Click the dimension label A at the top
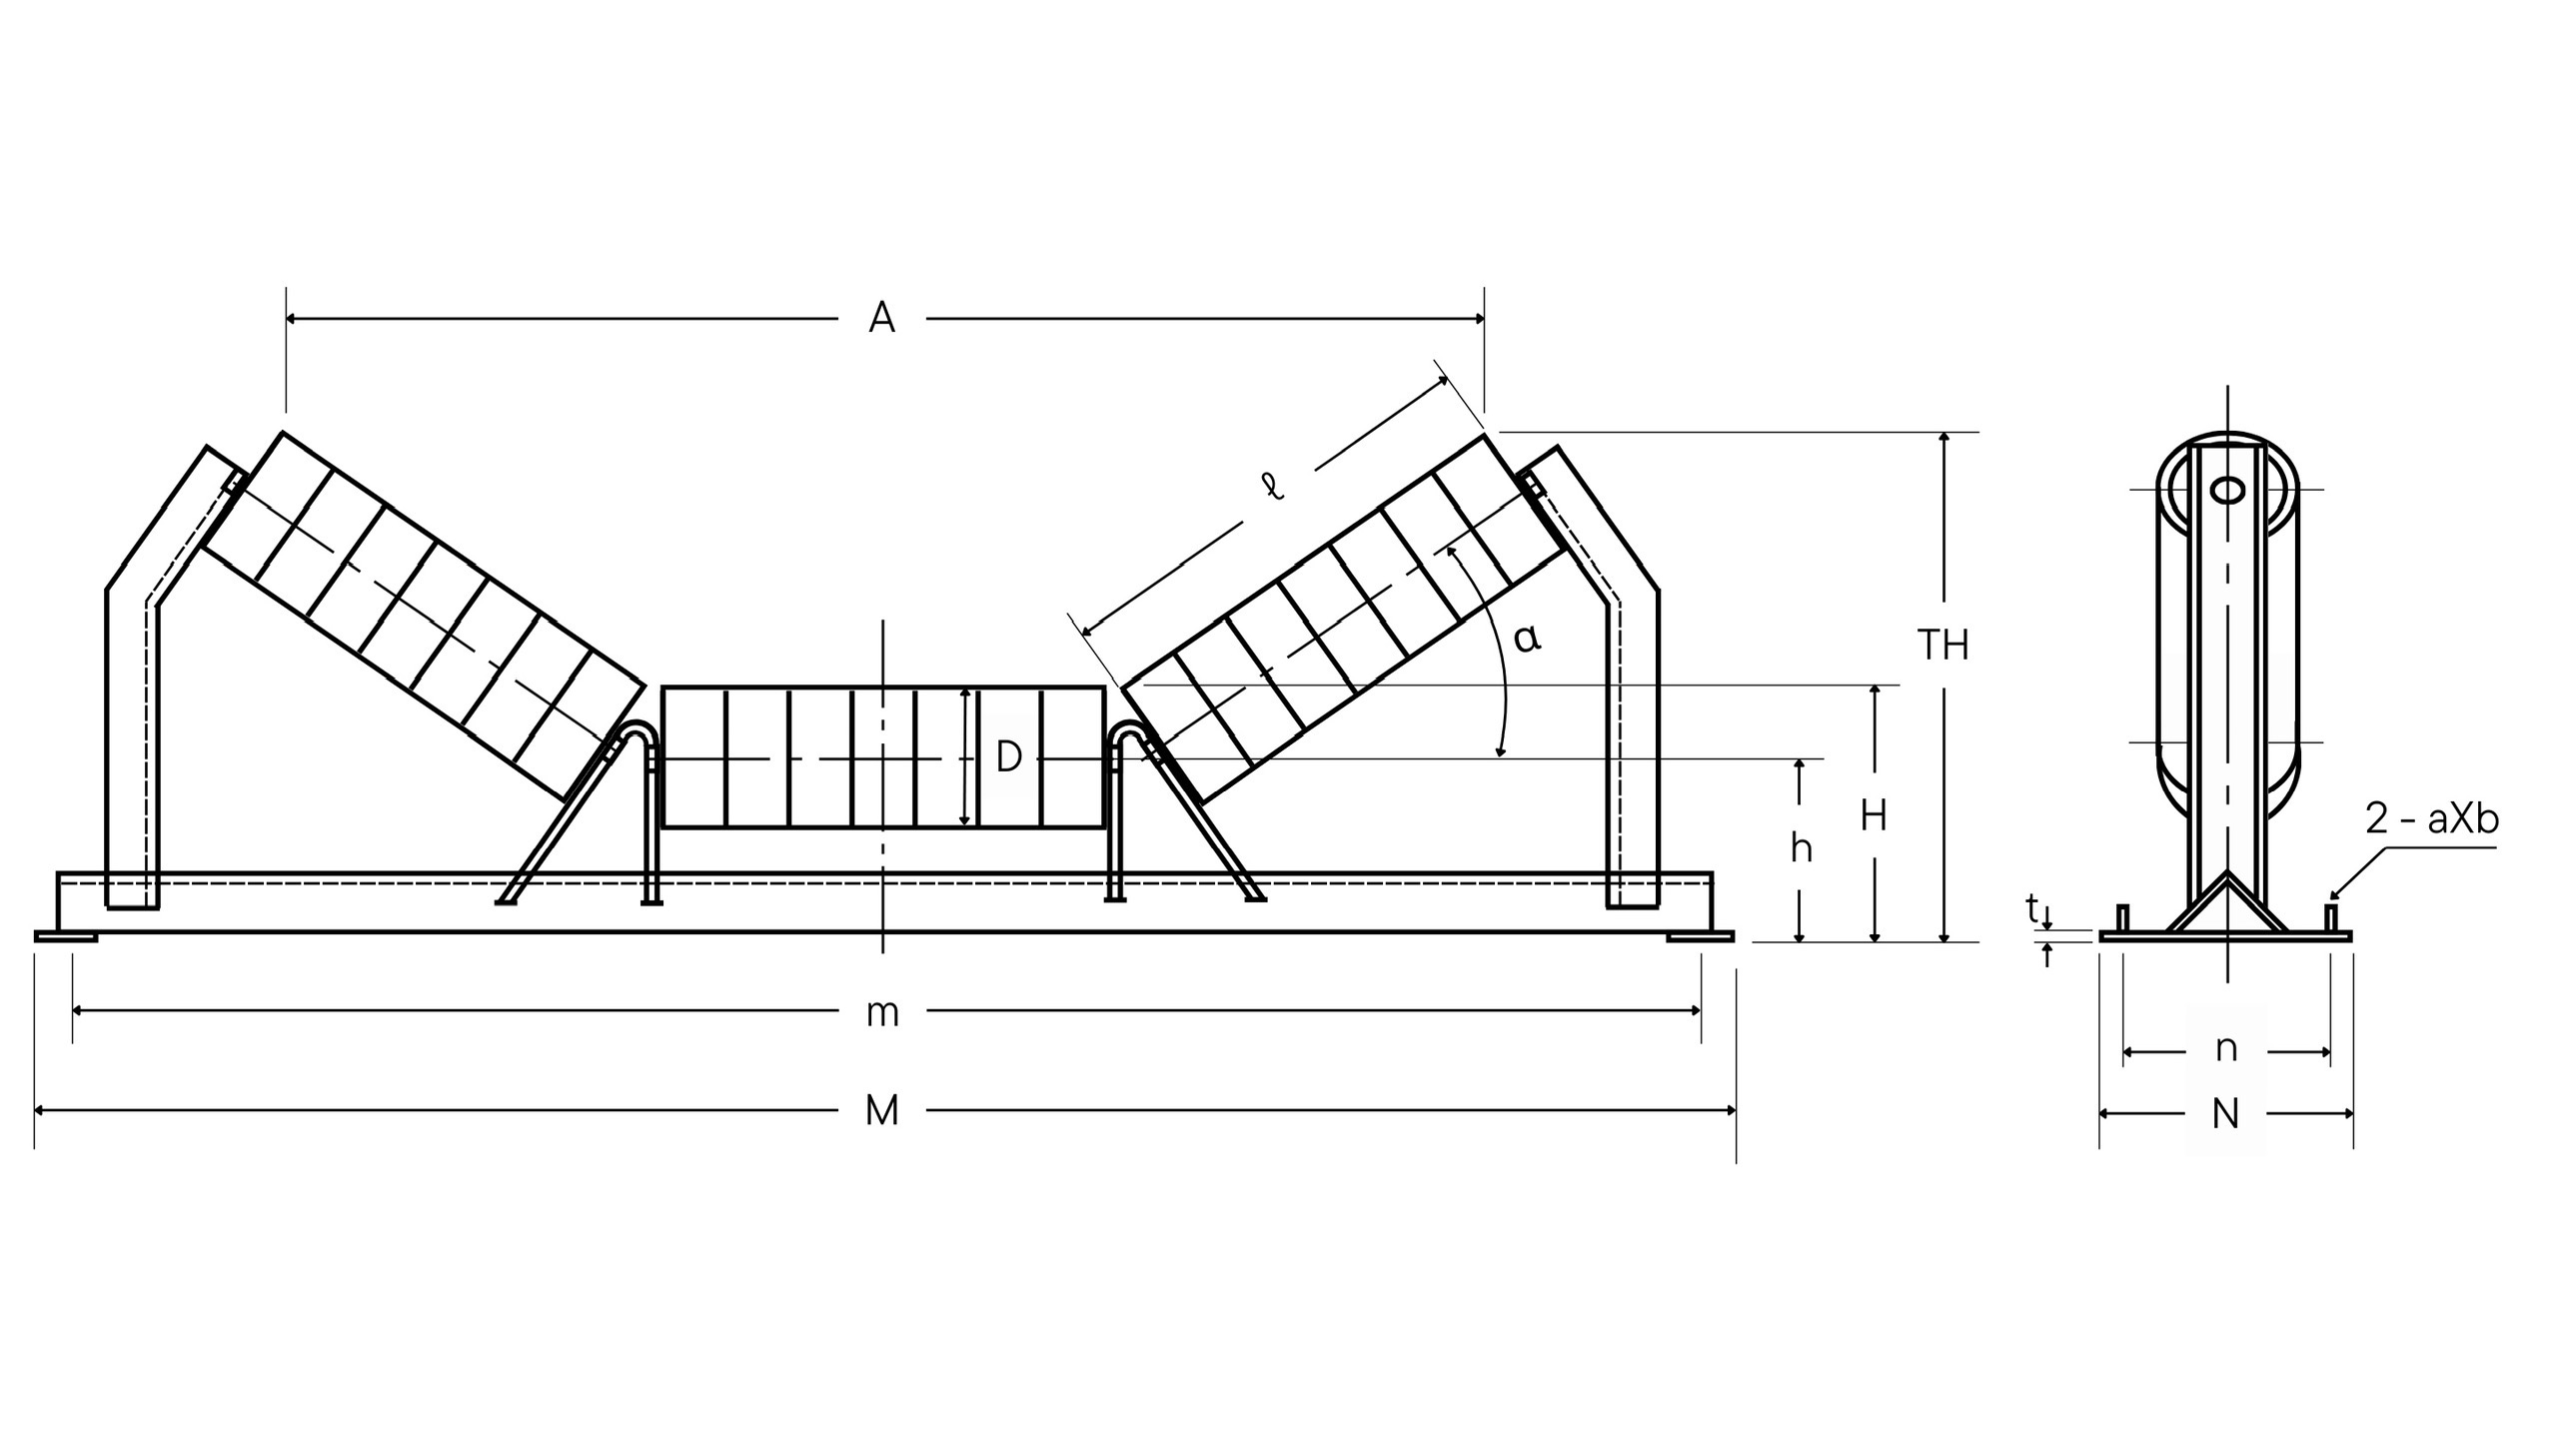881,318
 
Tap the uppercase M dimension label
881,1110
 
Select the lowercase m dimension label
882,1014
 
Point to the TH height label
1942,646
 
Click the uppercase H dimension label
1874,816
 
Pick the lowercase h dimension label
1801,848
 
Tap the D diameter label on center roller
1008,756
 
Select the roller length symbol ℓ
1272,487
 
